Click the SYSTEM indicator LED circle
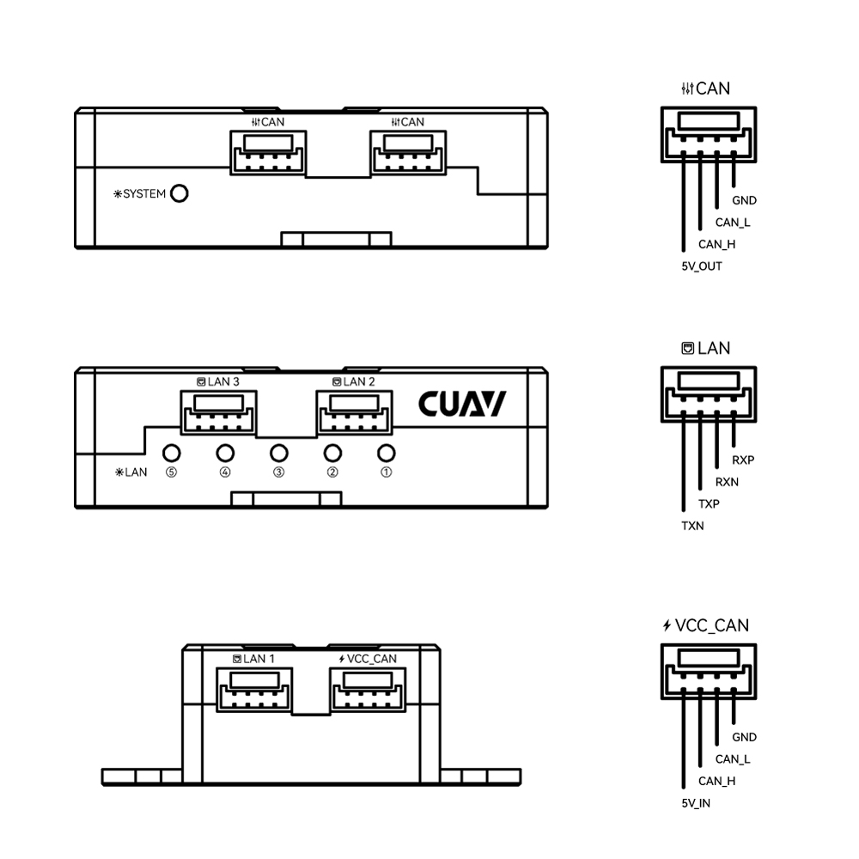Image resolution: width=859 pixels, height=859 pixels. pos(180,193)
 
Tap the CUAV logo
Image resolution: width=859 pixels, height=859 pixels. pos(462,404)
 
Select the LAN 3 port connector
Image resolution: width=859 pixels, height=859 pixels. pos(218,412)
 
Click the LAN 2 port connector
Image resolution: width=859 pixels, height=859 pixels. pos(354,412)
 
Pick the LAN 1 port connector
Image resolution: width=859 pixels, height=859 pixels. pos(254,690)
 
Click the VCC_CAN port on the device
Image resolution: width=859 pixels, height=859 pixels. pos(368,690)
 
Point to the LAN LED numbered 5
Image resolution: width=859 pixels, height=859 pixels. pos(172,453)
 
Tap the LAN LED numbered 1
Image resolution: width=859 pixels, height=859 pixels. pos(387,453)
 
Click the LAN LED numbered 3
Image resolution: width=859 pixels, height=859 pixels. pos(279,453)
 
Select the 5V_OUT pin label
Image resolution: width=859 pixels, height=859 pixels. pos(702,266)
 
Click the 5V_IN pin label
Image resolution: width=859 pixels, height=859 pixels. pos(696,803)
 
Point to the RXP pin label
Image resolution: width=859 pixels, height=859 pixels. pos(743,460)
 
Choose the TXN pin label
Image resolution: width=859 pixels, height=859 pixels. pos(692,526)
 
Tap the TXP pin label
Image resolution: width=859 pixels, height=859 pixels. pos(709,504)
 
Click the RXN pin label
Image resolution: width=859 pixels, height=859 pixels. pos(727,482)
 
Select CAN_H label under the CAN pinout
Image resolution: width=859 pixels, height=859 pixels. pos(716,244)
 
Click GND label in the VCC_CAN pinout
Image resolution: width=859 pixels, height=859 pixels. pos(744,737)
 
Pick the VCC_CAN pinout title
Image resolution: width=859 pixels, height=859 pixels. pos(705,625)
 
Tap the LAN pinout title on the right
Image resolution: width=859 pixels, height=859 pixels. pos(705,348)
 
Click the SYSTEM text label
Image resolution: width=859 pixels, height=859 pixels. pos(144,194)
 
